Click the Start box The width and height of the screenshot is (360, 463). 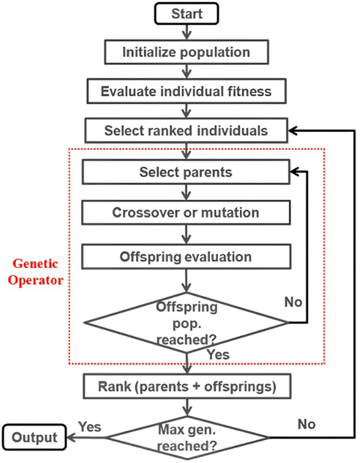[x=186, y=13]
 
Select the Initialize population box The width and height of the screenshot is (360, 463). [x=186, y=52]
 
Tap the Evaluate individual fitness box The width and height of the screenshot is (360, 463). [x=186, y=91]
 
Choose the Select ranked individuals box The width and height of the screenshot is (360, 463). [x=186, y=130]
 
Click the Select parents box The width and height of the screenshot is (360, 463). [x=186, y=172]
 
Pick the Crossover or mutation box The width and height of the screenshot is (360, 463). [x=186, y=213]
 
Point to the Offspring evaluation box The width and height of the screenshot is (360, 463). [x=186, y=257]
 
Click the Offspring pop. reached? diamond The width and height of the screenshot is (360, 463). [x=186, y=323]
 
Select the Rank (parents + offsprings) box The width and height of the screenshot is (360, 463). [x=187, y=386]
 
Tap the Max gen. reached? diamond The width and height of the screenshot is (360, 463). [x=187, y=438]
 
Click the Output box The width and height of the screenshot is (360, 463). [x=34, y=437]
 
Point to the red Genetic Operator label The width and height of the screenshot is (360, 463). [x=36, y=272]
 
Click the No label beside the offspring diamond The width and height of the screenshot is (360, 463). [x=293, y=302]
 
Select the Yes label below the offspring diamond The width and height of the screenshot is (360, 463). [x=218, y=354]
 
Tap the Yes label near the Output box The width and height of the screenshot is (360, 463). [x=90, y=427]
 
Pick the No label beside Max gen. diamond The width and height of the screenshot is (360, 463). [x=307, y=424]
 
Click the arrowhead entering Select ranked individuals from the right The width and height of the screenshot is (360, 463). [x=292, y=130]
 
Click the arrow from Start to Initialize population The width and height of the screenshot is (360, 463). [x=186, y=32]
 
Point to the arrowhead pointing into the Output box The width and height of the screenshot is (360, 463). [x=71, y=437]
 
